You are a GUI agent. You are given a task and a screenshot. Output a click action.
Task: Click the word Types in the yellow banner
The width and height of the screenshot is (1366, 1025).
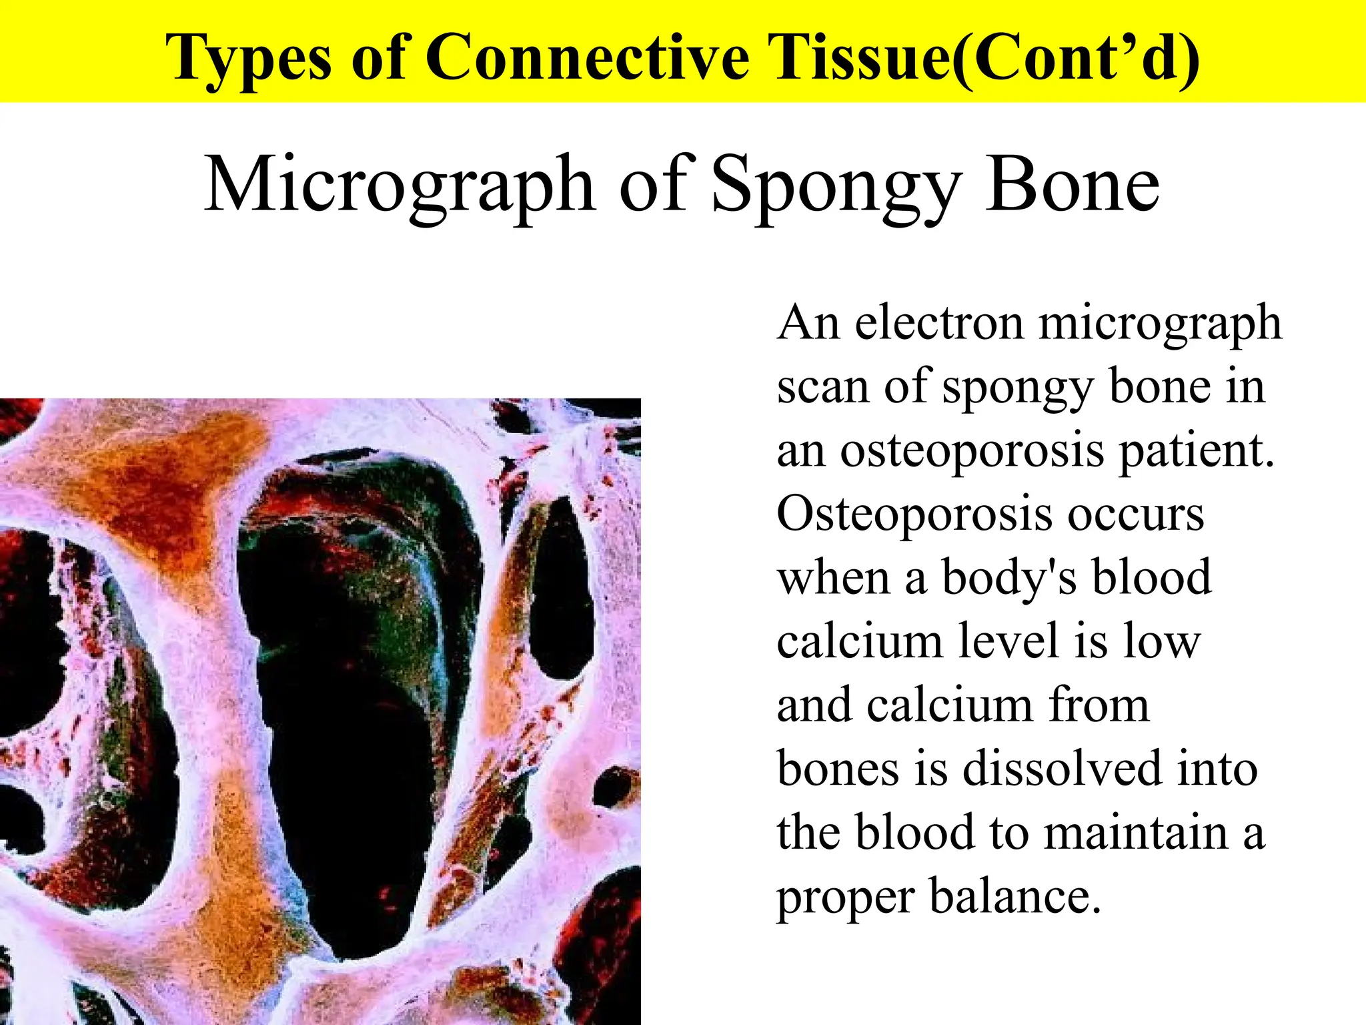click(248, 59)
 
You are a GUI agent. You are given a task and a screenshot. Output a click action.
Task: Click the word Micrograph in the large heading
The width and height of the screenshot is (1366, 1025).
click(399, 186)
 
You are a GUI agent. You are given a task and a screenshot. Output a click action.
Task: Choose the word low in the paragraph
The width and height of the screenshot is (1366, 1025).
click(1162, 641)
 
